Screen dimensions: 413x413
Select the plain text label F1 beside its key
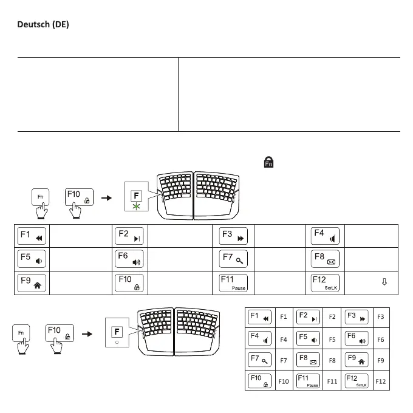(x=283, y=316)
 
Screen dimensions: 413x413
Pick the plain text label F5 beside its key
(x=332, y=339)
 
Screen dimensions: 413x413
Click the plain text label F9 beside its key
(x=381, y=360)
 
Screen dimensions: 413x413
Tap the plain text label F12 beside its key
(x=381, y=381)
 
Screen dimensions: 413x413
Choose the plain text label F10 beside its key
(x=283, y=381)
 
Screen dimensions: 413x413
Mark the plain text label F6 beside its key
(x=381, y=339)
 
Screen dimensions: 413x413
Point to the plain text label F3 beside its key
(x=381, y=316)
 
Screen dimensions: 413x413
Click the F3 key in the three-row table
(x=234, y=236)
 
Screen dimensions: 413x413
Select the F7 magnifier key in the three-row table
(x=234, y=259)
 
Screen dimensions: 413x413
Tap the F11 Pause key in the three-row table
(x=234, y=282)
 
